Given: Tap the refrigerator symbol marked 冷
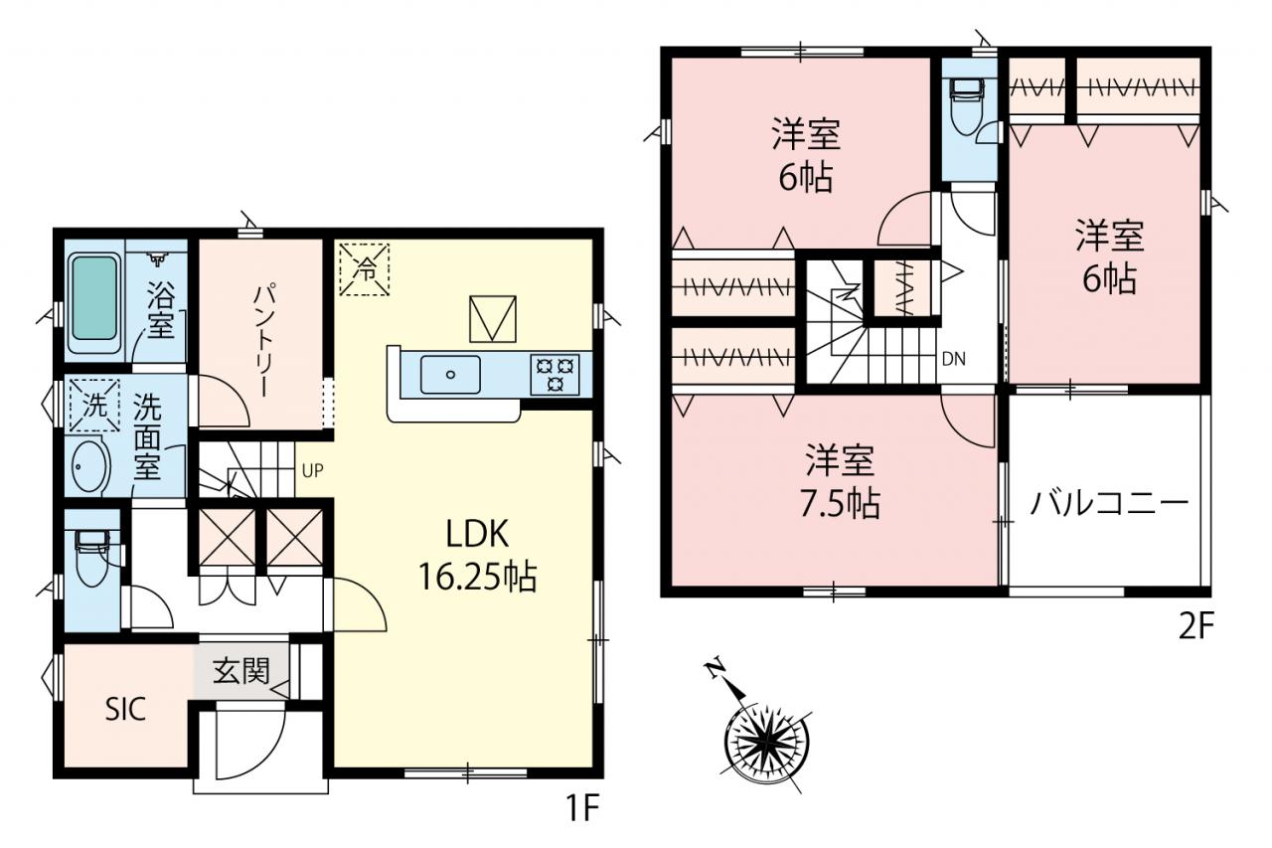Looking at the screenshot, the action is point(364,269).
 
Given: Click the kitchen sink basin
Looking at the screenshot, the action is point(450,375).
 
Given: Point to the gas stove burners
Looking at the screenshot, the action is point(555,375).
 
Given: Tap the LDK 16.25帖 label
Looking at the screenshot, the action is point(477,556).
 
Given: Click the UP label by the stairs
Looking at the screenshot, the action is point(313,470).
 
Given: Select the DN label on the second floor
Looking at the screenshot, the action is point(953,359).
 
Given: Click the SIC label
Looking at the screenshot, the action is point(125,709).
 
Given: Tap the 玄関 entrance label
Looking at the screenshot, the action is point(241,671).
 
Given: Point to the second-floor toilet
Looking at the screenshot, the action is point(968,106).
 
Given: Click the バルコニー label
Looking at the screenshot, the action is point(1109,503).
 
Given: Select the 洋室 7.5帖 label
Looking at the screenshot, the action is point(840,482).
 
